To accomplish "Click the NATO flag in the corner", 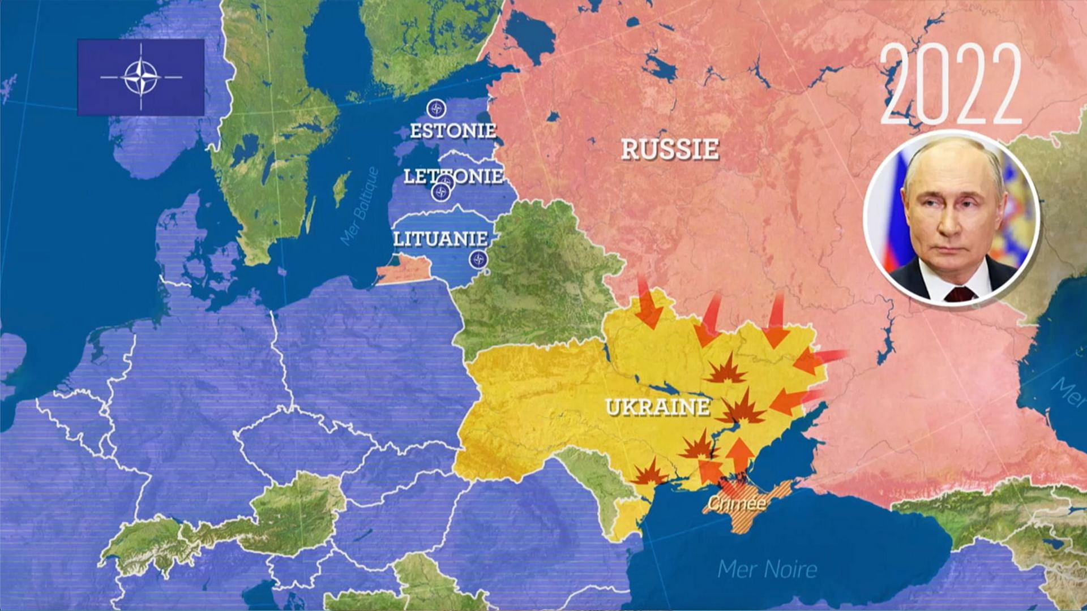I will click(x=141, y=78).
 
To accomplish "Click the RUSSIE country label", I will click(x=670, y=149).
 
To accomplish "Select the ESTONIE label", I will click(x=453, y=131).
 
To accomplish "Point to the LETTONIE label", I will click(x=453, y=176).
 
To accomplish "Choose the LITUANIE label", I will click(x=440, y=239).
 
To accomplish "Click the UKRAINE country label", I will click(x=657, y=407).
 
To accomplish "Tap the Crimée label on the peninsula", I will click(x=737, y=503).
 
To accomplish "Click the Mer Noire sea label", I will click(x=767, y=569).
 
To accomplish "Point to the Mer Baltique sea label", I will click(x=360, y=206).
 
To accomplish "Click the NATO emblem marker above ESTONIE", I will click(x=436, y=108).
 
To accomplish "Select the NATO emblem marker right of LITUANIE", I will click(x=478, y=260).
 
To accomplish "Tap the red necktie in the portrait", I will click(x=960, y=294).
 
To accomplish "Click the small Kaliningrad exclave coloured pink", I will click(x=403, y=270).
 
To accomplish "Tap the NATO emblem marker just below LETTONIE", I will click(x=440, y=192).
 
